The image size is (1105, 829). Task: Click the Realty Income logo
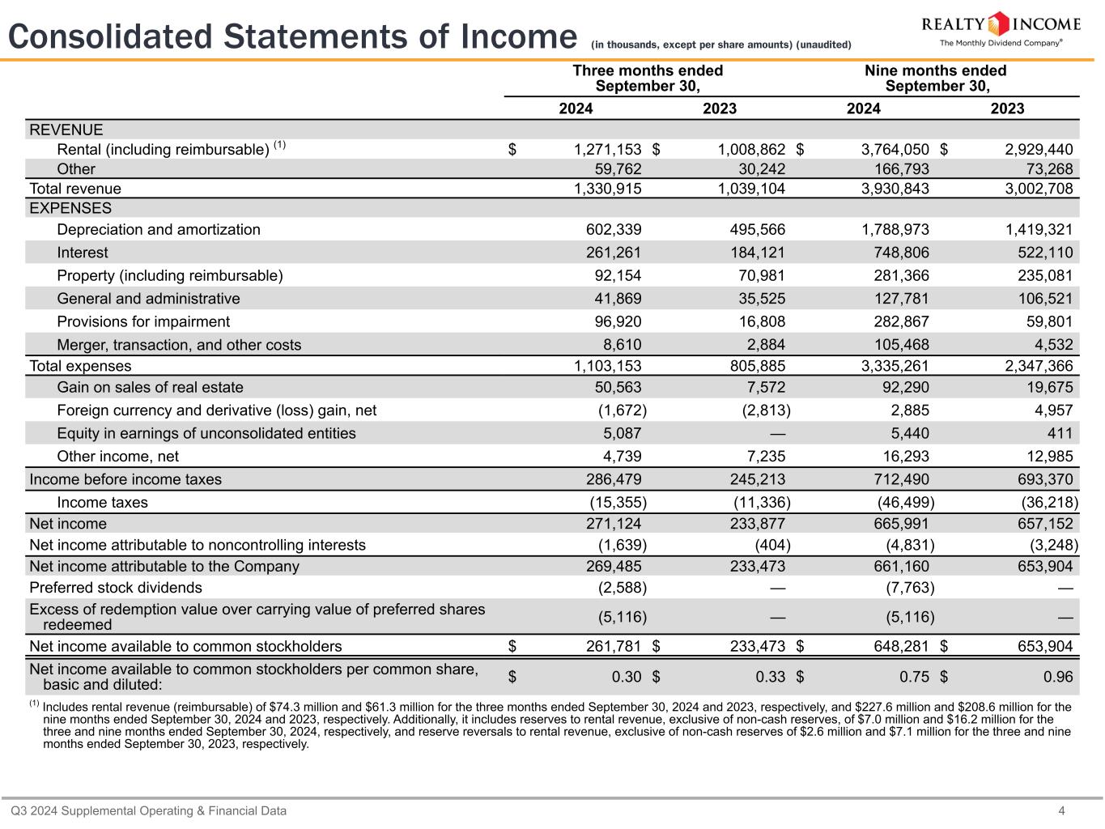(x=1001, y=29)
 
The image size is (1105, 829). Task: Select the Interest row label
(x=82, y=253)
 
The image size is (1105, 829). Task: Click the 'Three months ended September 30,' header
(x=648, y=79)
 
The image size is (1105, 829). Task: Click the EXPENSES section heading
(x=70, y=208)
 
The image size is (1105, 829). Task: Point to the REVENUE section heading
(x=66, y=130)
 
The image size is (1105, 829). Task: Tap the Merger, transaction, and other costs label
(x=179, y=345)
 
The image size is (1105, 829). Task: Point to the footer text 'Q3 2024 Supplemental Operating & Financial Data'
(x=148, y=810)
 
